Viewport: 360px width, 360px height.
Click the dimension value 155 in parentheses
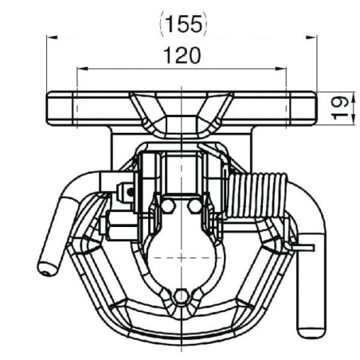183,25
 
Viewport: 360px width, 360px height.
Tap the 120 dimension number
182,55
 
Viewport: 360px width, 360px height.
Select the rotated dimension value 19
340,108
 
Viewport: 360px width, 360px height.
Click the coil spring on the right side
256,195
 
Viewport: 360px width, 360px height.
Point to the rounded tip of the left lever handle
47,268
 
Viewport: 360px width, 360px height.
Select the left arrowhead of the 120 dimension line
82,69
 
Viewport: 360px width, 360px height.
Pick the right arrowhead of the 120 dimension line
281,69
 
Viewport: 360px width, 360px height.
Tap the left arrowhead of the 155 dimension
52,37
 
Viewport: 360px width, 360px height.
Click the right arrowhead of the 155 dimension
311,37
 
